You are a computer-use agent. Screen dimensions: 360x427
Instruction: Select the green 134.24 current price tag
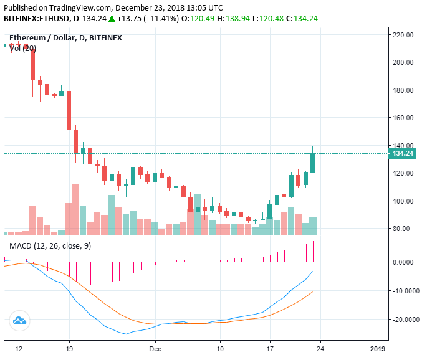click(x=402, y=153)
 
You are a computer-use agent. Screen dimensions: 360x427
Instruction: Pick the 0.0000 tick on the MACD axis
click(x=405, y=262)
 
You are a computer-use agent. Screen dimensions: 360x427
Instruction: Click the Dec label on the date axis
click(x=155, y=349)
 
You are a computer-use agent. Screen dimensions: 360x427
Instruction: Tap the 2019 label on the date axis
click(x=378, y=349)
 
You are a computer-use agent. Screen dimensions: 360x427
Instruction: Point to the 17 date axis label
click(x=270, y=349)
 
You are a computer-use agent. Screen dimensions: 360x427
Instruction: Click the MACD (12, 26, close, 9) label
click(x=50, y=246)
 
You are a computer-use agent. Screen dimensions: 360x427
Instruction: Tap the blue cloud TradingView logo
click(x=19, y=321)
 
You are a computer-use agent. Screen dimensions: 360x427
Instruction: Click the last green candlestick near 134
click(x=313, y=163)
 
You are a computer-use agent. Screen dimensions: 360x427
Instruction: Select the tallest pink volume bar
click(x=75, y=209)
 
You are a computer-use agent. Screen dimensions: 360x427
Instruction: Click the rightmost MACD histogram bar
click(x=313, y=252)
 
